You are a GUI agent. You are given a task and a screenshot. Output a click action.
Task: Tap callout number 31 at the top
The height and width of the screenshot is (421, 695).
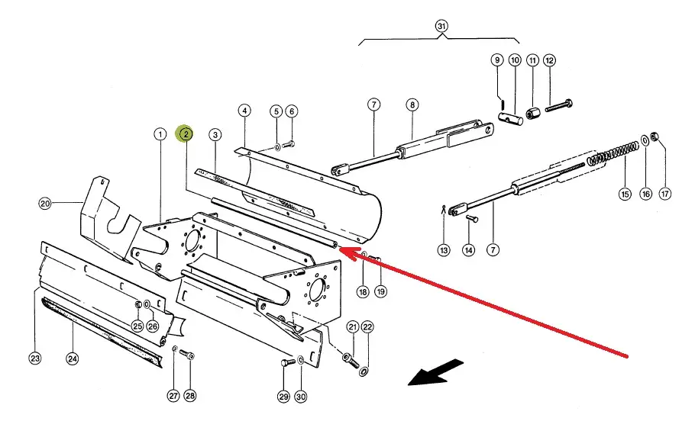tap(441, 26)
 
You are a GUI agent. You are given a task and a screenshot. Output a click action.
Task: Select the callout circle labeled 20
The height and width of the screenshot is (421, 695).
tap(45, 204)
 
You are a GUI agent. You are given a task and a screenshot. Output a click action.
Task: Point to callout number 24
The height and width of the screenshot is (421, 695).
tap(73, 358)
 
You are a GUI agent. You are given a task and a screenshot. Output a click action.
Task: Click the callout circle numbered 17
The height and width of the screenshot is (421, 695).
tap(665, 194)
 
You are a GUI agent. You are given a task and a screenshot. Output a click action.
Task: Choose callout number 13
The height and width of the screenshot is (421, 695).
tap(444, 250)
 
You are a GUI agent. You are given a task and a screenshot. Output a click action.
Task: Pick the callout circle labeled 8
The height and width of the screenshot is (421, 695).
tap(412, 104)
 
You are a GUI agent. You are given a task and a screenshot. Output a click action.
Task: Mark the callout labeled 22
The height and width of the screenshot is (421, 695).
tap(367, 327)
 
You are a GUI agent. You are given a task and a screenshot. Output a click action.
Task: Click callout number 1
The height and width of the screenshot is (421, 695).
tap(160, 134)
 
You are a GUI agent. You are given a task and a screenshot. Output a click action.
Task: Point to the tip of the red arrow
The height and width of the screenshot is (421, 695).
tap(338, 248)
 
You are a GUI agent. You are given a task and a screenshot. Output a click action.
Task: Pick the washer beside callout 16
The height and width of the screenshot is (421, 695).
tap(645, 140)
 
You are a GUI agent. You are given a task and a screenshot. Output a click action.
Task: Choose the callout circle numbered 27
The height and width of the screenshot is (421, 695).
tap(173, 397)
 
